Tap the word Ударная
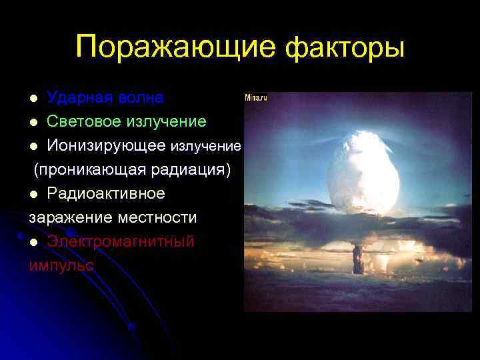pyautogui.click(x=78, y=98)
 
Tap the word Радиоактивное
pyautogui.click(x=106, y=193)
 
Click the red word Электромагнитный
pyautogui.click(x=121, y=241)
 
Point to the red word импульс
pyautogui.click(x=61, y=265)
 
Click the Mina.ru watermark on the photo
pyautogui.click(x=257, y=97)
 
